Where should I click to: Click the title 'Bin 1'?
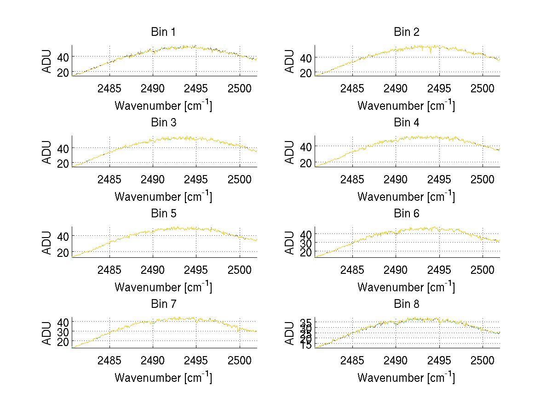(163, 32)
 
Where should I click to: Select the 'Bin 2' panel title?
(406, 32)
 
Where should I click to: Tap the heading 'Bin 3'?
(163, 123)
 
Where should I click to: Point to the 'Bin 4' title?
(406, 123)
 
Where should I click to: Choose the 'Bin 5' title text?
(163, 214)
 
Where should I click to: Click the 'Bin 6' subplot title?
(406, 214)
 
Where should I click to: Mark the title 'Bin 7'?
(163, 304)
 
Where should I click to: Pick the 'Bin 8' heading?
(406, 304)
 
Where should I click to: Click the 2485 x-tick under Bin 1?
(109, 88)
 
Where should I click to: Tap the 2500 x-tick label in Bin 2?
(482, 88)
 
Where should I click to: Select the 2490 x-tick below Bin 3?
(153, 179)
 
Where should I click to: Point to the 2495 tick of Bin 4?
(439, 179)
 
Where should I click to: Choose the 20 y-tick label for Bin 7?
(63, 342)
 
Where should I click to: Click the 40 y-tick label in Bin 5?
(63, 236)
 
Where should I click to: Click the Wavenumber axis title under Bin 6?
(406, 287)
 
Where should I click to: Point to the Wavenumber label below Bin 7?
(163, 378)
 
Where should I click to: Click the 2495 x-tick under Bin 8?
(439, 360)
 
